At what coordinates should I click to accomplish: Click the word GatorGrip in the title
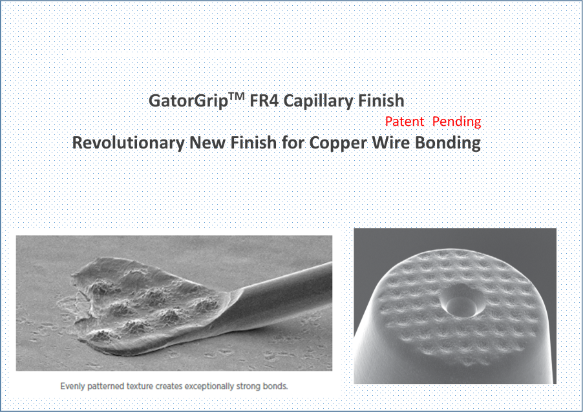click(x=188, y=101)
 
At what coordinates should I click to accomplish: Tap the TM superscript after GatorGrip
click(x=237, y=96)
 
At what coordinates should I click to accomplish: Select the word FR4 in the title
click(x=264, y=101)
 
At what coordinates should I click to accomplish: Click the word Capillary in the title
click(x=317, y=101)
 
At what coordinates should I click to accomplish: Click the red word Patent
click(x=405, y=121)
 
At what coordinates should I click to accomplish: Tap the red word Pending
click(x=457, y=122)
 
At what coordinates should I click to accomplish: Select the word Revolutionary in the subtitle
click(x=128, y=143)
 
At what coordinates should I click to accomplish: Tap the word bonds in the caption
click(x=275, y=386)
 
